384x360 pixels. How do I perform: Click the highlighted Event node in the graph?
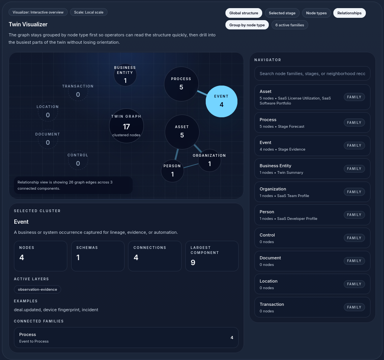tap(221, 101)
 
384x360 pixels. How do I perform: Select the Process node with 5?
tap(181, 84)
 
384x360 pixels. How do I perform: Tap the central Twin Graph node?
tap(126, 126)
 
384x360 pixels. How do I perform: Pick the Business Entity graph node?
tap(125, 75)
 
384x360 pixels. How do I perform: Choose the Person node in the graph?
tap(172, 171)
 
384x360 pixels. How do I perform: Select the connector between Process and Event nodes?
tap(202, 93)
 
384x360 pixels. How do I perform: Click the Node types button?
tap(316, 13)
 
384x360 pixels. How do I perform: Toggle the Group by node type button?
tap(247, 25)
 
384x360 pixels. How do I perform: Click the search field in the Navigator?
tap(312, 74)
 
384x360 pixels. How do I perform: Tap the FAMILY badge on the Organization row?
tap(354, 192)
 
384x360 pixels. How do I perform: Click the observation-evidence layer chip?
tap(38, 290)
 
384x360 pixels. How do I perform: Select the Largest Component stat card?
tap(212, 256)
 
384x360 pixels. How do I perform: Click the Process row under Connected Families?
tap(126, 338)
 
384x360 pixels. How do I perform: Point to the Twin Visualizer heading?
tap(28, 24)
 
